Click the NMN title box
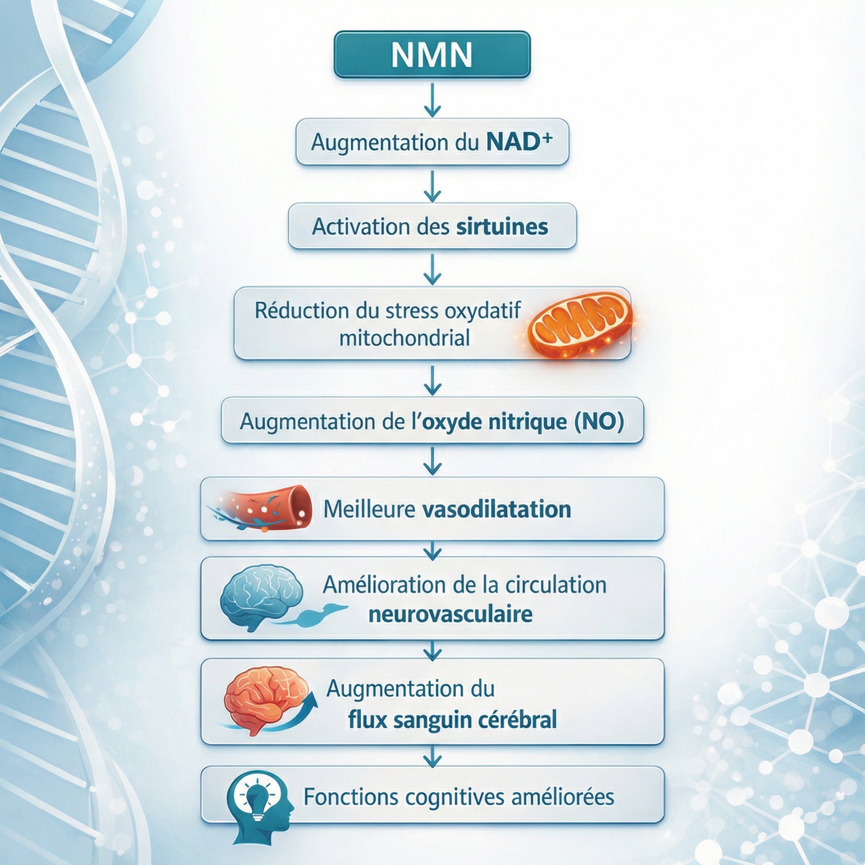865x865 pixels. (x=432, y=54)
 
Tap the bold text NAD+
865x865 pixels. (x=519, y=142)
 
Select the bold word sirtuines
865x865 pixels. (x=502, y=226)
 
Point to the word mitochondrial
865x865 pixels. (x=404, y=338)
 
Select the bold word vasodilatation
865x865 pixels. (x=497, y=509)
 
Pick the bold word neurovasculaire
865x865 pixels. (x=450, y=614)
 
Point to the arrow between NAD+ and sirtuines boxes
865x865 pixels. (x=432, y=186)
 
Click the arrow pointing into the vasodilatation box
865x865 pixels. (x=432, y=461)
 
